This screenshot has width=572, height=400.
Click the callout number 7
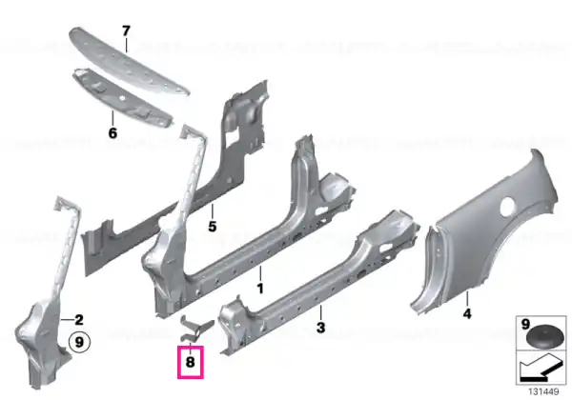click(x=126, y=31)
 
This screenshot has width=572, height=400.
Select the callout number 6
click(x=112, y=133)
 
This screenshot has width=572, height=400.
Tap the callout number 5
click(x=212, y=227)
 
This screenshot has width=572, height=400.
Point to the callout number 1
click(x=260, y=289)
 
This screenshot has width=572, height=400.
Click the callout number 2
click(x=79, y=320)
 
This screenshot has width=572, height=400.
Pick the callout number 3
click(x=320, y=328)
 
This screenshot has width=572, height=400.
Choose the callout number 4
click(x=467, y=313)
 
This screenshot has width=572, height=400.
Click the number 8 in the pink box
click(x=190, y=362)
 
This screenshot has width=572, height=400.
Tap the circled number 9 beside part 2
click(x=79, y=343)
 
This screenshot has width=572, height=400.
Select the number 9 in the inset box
click(x=525, y=324)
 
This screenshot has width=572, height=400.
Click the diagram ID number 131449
click(x=543, y=392)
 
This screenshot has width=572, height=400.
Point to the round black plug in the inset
click(x=542, y=337)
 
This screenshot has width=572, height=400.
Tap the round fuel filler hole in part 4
click(x=509, y=207)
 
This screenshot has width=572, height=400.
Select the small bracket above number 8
click(x=196, y=329)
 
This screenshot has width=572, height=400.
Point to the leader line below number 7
click(x=126, y=45)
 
